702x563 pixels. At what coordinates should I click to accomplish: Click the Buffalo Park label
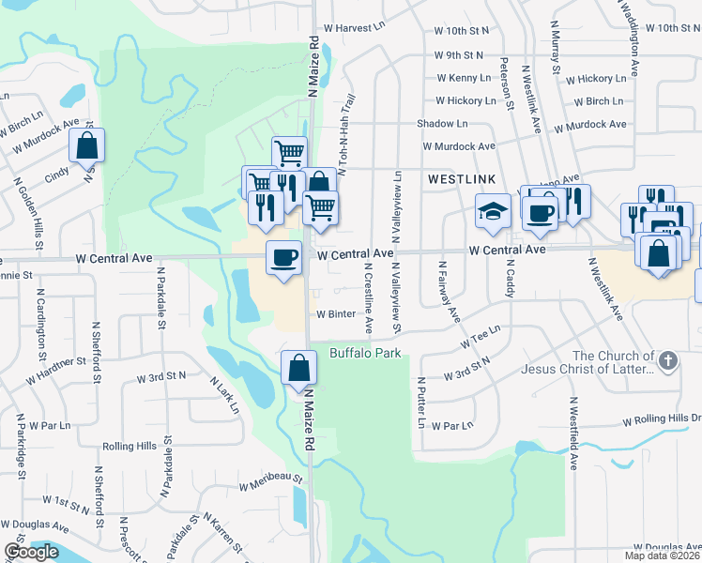click(365, 353)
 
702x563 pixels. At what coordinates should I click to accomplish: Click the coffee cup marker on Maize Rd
click(283, 257)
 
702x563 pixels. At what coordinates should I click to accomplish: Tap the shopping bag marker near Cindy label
click(86, 146)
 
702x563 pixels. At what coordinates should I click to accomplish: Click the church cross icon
click(667, 360)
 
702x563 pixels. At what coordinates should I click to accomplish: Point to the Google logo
click(31, 551)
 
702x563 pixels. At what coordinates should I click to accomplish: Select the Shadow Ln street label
click(442, 124)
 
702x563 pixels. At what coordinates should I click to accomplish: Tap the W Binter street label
click(335, 314)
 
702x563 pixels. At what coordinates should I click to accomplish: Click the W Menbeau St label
click(270, 482)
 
